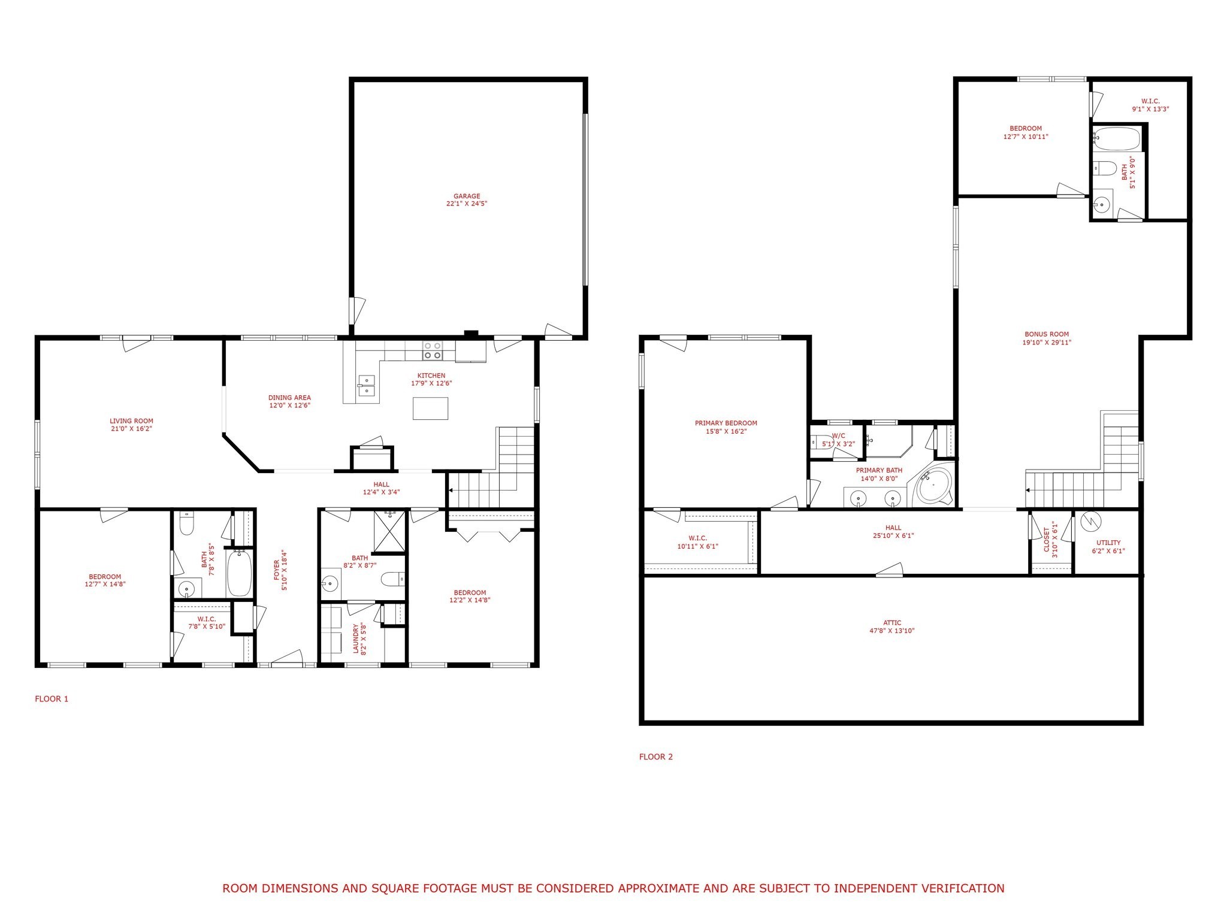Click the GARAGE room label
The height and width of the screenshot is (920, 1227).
(466, 196)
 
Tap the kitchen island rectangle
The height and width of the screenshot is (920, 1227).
(430, 408)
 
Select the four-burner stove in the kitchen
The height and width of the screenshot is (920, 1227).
(433, 350)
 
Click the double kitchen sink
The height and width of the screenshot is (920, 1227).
(366, 386)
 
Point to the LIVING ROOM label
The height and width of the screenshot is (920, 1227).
(131, 421)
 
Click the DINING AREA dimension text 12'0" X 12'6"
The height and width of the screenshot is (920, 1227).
(289, 405)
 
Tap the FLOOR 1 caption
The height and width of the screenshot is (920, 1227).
(52, 698)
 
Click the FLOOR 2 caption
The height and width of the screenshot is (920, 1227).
(656, 756)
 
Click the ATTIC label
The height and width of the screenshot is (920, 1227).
(892, 623)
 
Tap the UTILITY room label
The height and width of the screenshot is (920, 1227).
(1108, 543)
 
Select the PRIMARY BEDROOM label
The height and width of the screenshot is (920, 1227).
(726, 423)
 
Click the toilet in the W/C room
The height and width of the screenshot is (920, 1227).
(818, 442)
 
